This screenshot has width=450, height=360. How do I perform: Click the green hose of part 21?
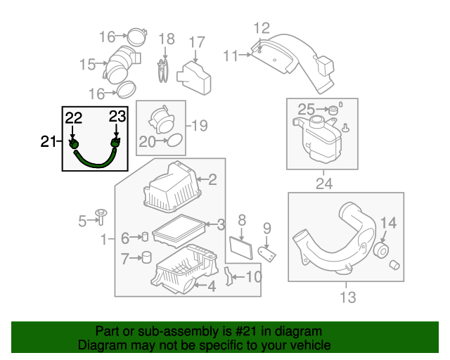pos(95,160)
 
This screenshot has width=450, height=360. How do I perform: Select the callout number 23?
pos(117,117)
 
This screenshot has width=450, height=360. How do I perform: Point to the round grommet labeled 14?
pos(384,251)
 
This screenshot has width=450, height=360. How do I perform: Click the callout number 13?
pos(348,297)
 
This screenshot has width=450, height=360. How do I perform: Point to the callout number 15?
pos(87,65)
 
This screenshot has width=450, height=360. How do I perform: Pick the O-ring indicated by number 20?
pos(174,142)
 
